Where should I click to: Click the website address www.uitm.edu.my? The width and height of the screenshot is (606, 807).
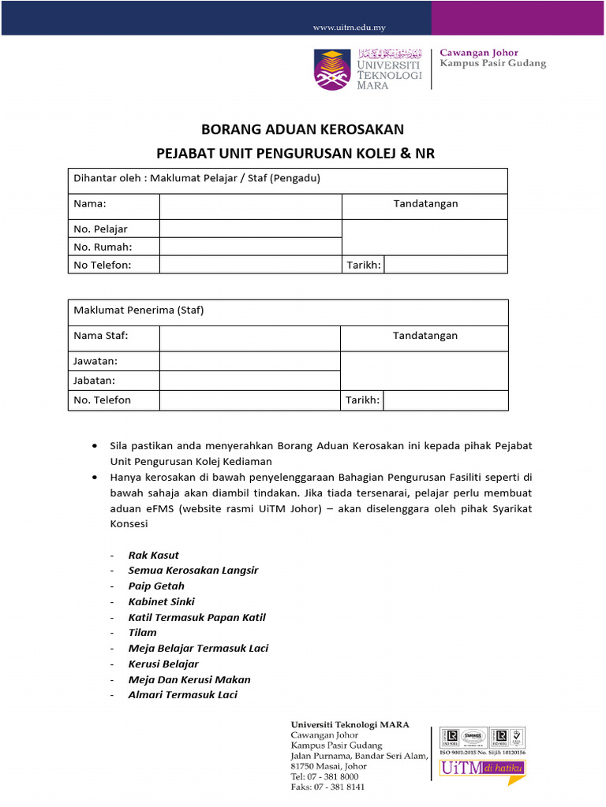[349, 28]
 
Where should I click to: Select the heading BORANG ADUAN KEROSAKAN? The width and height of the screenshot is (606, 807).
[303, 129]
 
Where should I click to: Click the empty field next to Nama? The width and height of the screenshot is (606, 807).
[250, 206]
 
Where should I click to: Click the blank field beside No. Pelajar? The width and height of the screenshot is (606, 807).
[250, 229]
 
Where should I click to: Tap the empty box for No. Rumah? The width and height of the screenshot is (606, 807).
[250, 247]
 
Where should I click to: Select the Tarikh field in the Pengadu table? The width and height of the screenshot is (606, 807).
[446, 265]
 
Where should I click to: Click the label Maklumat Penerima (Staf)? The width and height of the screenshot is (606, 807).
[139, 310]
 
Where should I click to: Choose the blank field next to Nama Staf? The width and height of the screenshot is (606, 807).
[249, 338]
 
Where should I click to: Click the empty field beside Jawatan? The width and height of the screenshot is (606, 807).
[249, 361]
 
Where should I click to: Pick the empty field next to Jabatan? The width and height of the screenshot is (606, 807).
[249, 380]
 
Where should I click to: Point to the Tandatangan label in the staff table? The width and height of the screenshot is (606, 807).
[425, 336]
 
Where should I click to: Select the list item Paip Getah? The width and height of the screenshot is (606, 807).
[156, 586]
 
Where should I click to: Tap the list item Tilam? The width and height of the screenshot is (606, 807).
[143, 632]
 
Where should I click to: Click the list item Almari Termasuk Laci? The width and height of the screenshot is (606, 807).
[182, 694]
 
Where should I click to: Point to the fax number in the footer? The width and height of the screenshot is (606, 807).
[328, 787]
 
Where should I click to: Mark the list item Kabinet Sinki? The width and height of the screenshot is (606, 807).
[161, 601]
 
